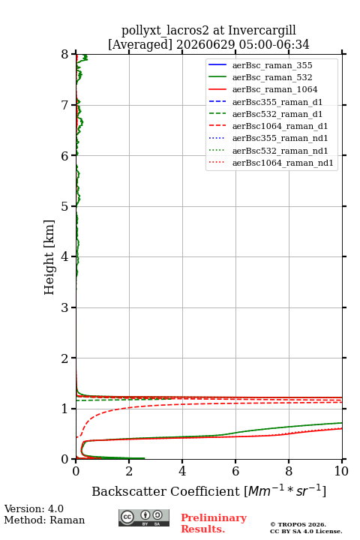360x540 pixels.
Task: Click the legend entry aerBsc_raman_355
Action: (272, 65)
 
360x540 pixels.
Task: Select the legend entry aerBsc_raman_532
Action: (272, 77)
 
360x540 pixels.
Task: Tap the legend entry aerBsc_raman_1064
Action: (275, 89)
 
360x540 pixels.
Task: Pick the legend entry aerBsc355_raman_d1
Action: (277, 102)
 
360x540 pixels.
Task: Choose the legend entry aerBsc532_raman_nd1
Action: (280, 151)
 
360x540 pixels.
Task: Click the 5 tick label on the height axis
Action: (65, 206)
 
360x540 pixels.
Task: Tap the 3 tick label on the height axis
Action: (65, 307)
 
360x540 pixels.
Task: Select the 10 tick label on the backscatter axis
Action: (341, 471)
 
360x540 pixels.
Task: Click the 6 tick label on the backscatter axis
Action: (235, 471)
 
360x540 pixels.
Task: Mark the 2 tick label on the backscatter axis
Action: (129, 471)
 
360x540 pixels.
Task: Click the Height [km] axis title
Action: (49, 257)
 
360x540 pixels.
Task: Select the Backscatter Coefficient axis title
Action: (208, 490)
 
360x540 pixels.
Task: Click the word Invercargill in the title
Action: (262, 30)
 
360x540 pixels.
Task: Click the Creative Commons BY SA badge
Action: (144, 517)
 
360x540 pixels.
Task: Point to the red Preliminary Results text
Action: (214, 523)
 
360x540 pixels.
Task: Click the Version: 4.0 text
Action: (34, 508)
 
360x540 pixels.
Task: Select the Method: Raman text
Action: (44, 520)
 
